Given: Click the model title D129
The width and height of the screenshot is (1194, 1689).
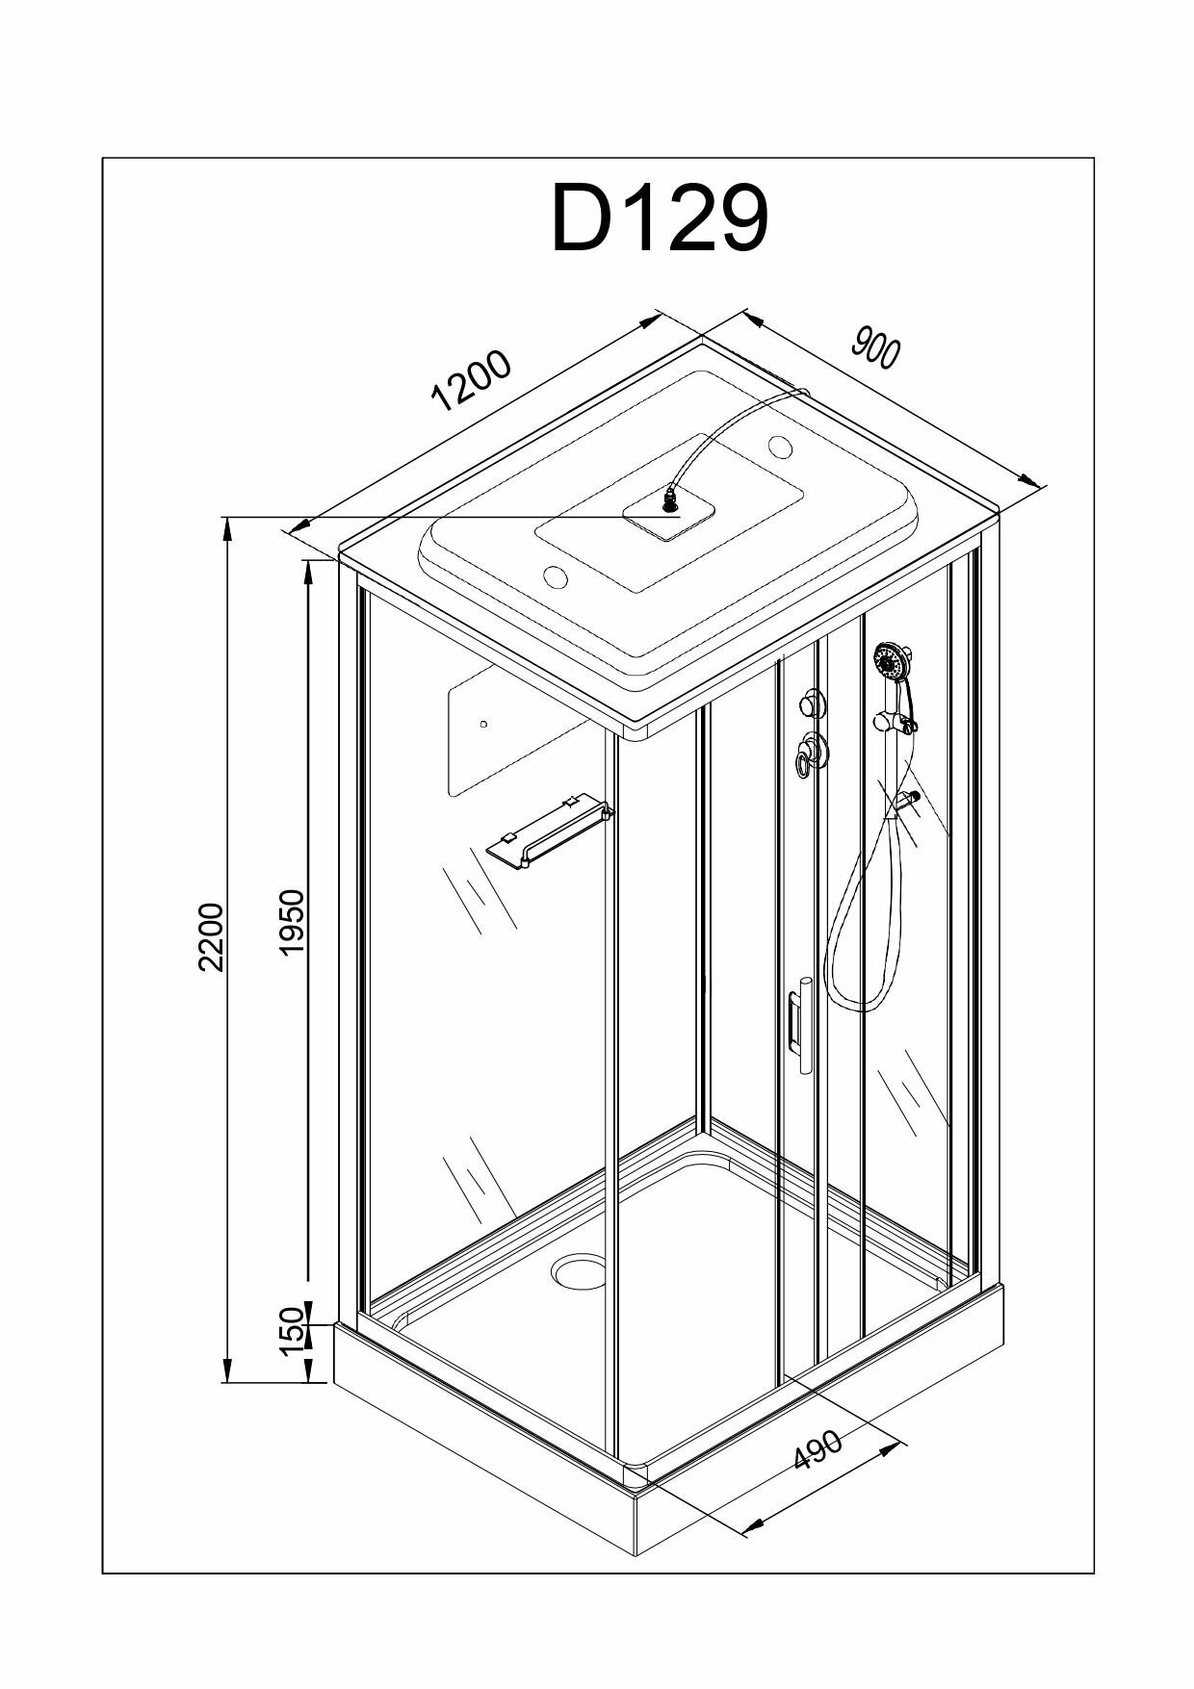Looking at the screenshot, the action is pyautogui.click(x=661, y=219).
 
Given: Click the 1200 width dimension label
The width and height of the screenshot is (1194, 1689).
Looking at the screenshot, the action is pyautogui.click(x=471, y=381).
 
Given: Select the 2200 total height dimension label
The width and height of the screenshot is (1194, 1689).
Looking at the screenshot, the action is pyautogui.click(x=210, y=937).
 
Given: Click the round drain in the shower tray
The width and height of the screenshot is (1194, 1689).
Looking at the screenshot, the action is pyautogui.click(x=576, y=1269).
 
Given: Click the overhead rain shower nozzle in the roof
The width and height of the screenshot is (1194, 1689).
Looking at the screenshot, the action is pyautogui.click(x=667, y=499).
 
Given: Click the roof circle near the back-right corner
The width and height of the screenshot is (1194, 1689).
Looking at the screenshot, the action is pyautogui.click(x=780, y=447).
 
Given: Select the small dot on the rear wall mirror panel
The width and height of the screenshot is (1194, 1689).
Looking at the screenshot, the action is pyautogui.click(x=484, y=724).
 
